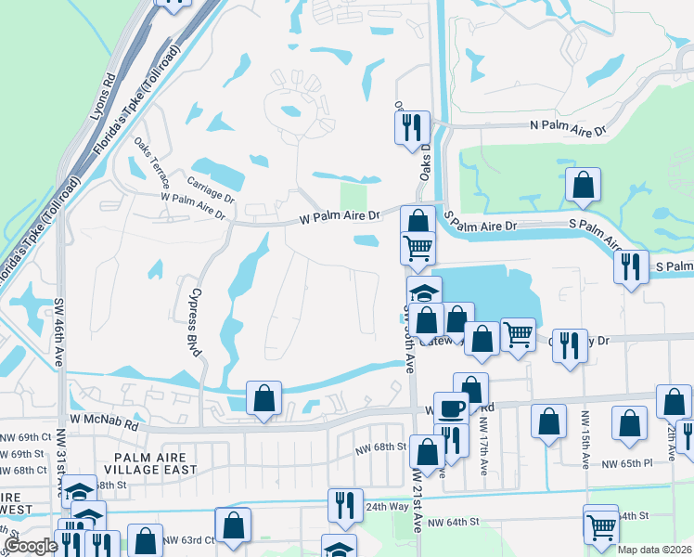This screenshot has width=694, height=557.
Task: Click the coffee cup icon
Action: pyautogui.click(x=451, y=408)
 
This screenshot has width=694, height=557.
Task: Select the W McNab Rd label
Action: pyautogui.click(x=97, y=426)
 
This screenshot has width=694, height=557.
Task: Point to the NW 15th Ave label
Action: pyautogui.click(x=585, y=430)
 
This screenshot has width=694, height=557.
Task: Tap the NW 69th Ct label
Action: pyautogui.click(x=27, y=436)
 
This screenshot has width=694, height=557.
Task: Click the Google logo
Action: pyautogui.click(x=31, y=546)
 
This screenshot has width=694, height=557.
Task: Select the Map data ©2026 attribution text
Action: pyautogui.click(x=653, y=550)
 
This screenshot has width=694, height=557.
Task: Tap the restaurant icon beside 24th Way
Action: pyautogui.click(x=345, y=505)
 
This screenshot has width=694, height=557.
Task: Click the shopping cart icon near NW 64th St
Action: pyautogui.click(x=601, y=525)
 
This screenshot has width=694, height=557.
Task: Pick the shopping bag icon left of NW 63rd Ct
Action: pyautogui.click(x=145, y=541)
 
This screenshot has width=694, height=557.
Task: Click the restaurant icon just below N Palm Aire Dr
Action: pyautogui.click(x=411, y=127)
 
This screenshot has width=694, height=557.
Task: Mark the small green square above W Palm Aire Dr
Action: pyautogui.click(x=353, y=196)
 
